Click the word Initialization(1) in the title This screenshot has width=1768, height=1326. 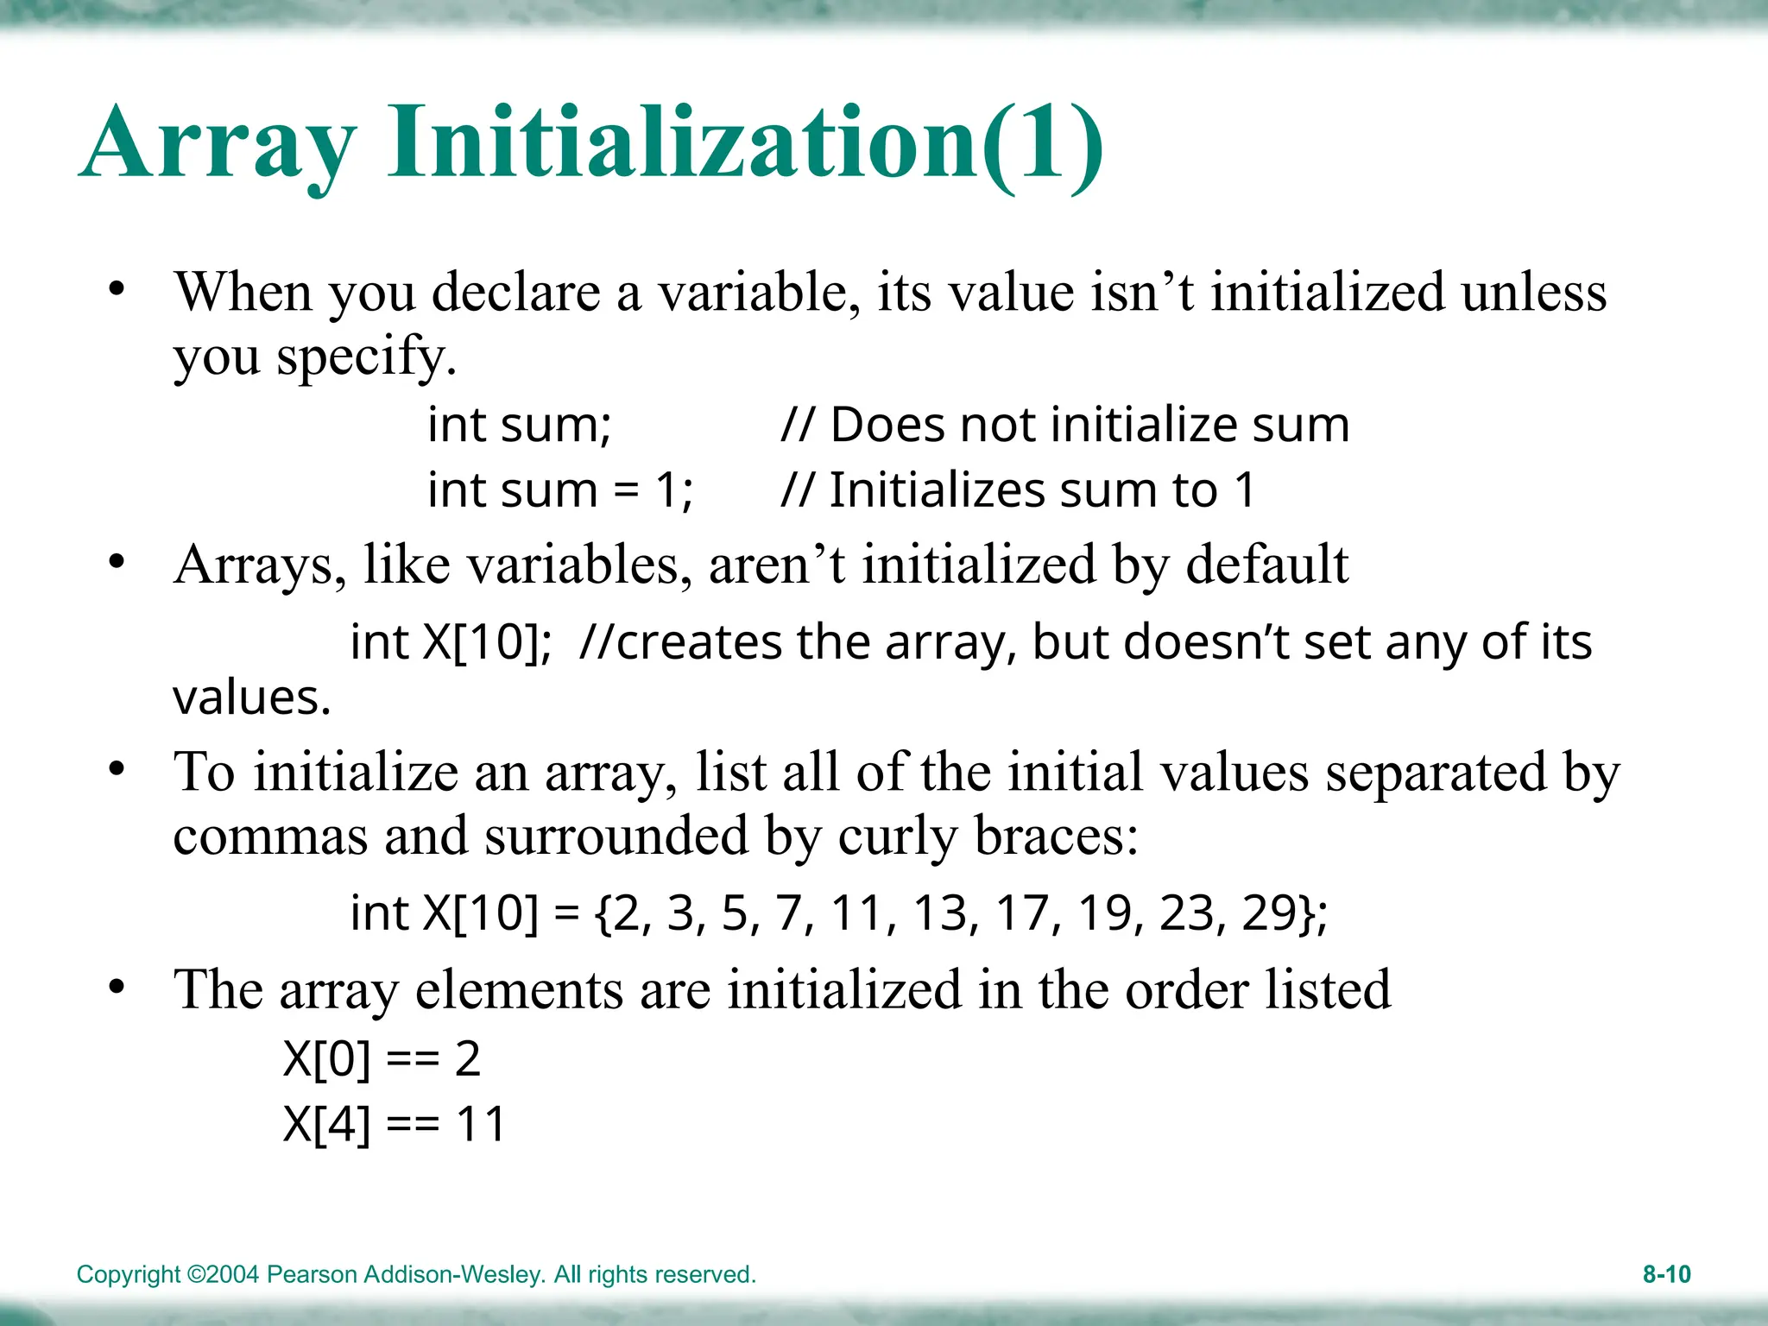(745, 142)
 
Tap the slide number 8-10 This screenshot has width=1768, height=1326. (1666, 1274)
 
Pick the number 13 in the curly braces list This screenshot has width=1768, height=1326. (940, 912)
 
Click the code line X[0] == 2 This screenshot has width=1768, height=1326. (382, 1058)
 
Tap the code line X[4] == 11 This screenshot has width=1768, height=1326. (395, 1124)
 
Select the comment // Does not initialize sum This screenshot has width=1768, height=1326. (1064, 425)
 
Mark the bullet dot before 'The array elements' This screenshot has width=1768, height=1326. (117, 986)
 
